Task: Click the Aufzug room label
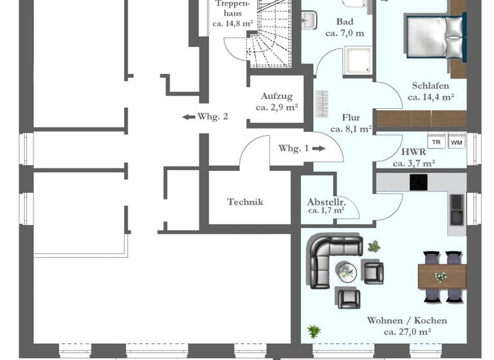pyautogui.click(x=276, y=96)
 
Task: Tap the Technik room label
pyautogui.click(x=245, y=202)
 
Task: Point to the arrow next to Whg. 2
pyautogui.click(x=188, y=117)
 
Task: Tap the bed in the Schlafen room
pyautogui.click(x=435, y=35)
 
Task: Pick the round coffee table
pyautogui.click(x=347, y=271)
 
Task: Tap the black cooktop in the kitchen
pyautogui.click(x=419, y=183)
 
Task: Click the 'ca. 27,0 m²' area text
pyautogui.click(x=407, y=332)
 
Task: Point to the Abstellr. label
pyautogui.click(x=326, y=201)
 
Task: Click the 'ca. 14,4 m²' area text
pyautogui.click(x=430, y=98)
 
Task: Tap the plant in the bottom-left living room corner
pyautogui.click(x=314, y=332)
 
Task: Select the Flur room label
pyautogui.click(x=351, y=118)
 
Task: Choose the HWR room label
pyautogui.click(x=413, y=152)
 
